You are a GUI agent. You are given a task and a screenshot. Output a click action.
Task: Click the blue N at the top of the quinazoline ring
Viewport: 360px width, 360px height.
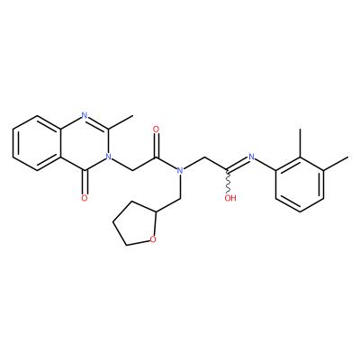pyautogui.click(x=85, y=115)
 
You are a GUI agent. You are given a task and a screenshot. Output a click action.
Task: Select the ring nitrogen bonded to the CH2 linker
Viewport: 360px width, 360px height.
pyautogui.click(x=108, y=157)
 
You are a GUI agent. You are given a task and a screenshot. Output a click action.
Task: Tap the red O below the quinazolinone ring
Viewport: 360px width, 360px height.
pyautogui.click(x=85, y=198)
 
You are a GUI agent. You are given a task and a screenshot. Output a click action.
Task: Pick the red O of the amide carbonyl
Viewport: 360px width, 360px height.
pyautogui.click(x=156, y=130)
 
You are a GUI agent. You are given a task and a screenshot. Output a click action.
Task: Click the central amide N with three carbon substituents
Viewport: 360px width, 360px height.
pyautogui.click(x=180, y=171)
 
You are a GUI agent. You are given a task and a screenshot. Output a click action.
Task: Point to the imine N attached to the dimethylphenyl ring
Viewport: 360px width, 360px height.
pyautogui.click(x=251, y=157)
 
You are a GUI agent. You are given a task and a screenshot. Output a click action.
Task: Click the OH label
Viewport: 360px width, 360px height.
pyautogui.click(x=230, y=198)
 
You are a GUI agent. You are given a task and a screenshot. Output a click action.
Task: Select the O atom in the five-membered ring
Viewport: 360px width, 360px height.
pyautogui.click(x=153, y=239)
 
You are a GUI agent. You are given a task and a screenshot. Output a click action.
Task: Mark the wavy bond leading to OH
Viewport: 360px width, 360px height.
pyautogui.click(x=228, y=183)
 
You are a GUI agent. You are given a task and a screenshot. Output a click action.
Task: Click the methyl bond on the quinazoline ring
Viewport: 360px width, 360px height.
pyautogui.click(x=121, y=122)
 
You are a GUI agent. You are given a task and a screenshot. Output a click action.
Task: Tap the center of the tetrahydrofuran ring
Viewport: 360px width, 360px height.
pyautogui.click(x=135, y=223)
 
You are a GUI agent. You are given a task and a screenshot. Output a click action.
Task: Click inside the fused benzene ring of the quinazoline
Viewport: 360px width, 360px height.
pyautogui.click(x=37, y=143)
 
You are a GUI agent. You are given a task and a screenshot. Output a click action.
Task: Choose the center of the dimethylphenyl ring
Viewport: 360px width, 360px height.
pyautogui.click(x=300, y=184)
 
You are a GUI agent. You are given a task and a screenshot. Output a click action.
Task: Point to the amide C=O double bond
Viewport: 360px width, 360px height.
pyautogui.click(x=156, y=146)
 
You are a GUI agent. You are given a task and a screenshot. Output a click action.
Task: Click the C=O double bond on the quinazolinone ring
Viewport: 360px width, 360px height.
pyautogui.click(x=85, y=183)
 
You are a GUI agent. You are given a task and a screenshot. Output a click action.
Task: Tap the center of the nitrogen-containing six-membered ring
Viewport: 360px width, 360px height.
pyautogui.click(x=85, y=143)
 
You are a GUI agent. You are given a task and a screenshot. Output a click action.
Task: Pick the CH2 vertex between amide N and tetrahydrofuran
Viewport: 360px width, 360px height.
pyautogui.click(x=180, y=198)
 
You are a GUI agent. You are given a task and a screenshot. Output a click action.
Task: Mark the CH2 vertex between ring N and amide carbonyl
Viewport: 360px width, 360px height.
pyautogui.click(x=132, y=171)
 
